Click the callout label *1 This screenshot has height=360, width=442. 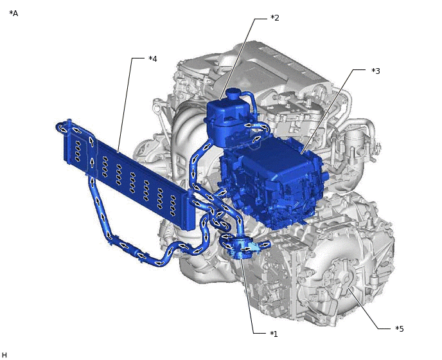274,334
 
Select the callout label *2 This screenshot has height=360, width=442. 274,18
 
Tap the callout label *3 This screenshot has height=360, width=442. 375,71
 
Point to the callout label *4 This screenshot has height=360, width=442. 152,59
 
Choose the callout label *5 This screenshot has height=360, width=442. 400,329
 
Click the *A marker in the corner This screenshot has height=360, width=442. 13,13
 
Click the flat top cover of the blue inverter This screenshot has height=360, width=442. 270,154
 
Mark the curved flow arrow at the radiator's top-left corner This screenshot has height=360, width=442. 62,127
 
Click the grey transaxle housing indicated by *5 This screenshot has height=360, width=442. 340,283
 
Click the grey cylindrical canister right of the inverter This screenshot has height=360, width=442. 353,141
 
